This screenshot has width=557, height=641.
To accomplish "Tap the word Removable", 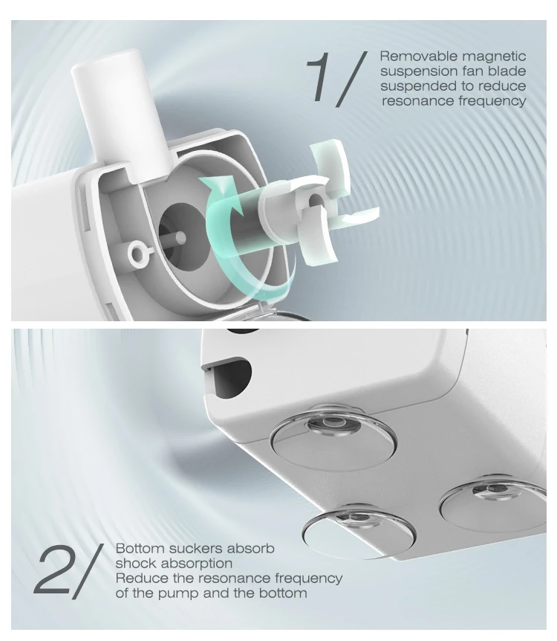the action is [417, 56].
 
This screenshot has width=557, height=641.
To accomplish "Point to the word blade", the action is [507, 71].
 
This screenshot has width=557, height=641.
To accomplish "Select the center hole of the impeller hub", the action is [315, 201].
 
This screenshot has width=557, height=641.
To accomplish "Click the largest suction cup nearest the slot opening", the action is [333, 437].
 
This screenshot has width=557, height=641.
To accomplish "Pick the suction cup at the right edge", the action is [493, 503].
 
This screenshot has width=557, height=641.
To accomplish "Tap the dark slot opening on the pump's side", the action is [229, 377].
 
